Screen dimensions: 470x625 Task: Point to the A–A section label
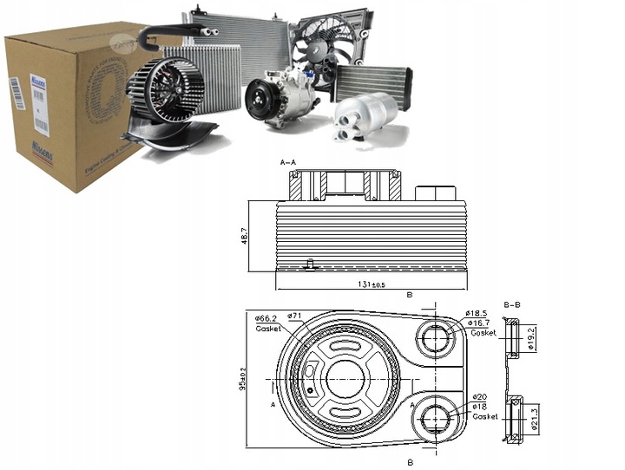click(288, 162)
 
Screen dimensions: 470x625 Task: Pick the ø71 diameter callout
click(294, 316)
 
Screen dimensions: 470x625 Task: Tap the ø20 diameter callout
click(480, 396)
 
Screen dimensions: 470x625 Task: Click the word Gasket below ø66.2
click(267, 329)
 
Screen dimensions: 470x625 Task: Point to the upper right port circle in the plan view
click(434, 337)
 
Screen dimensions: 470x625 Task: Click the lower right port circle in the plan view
click(433, 419)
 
